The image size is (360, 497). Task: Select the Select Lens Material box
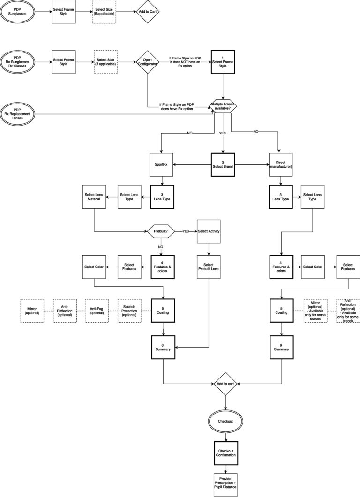(94, 197)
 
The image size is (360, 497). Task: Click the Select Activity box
(209, 231)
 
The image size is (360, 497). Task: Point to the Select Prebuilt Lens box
(209, 267)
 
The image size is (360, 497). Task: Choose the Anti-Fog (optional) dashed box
(96, 311)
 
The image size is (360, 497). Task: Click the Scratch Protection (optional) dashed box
(129, 311)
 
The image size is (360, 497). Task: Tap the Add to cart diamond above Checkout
(226, 383)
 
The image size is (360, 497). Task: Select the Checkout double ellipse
(226, 421)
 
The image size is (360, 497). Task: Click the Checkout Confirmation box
(226, 453)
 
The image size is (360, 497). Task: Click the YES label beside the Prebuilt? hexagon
(186, 231)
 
